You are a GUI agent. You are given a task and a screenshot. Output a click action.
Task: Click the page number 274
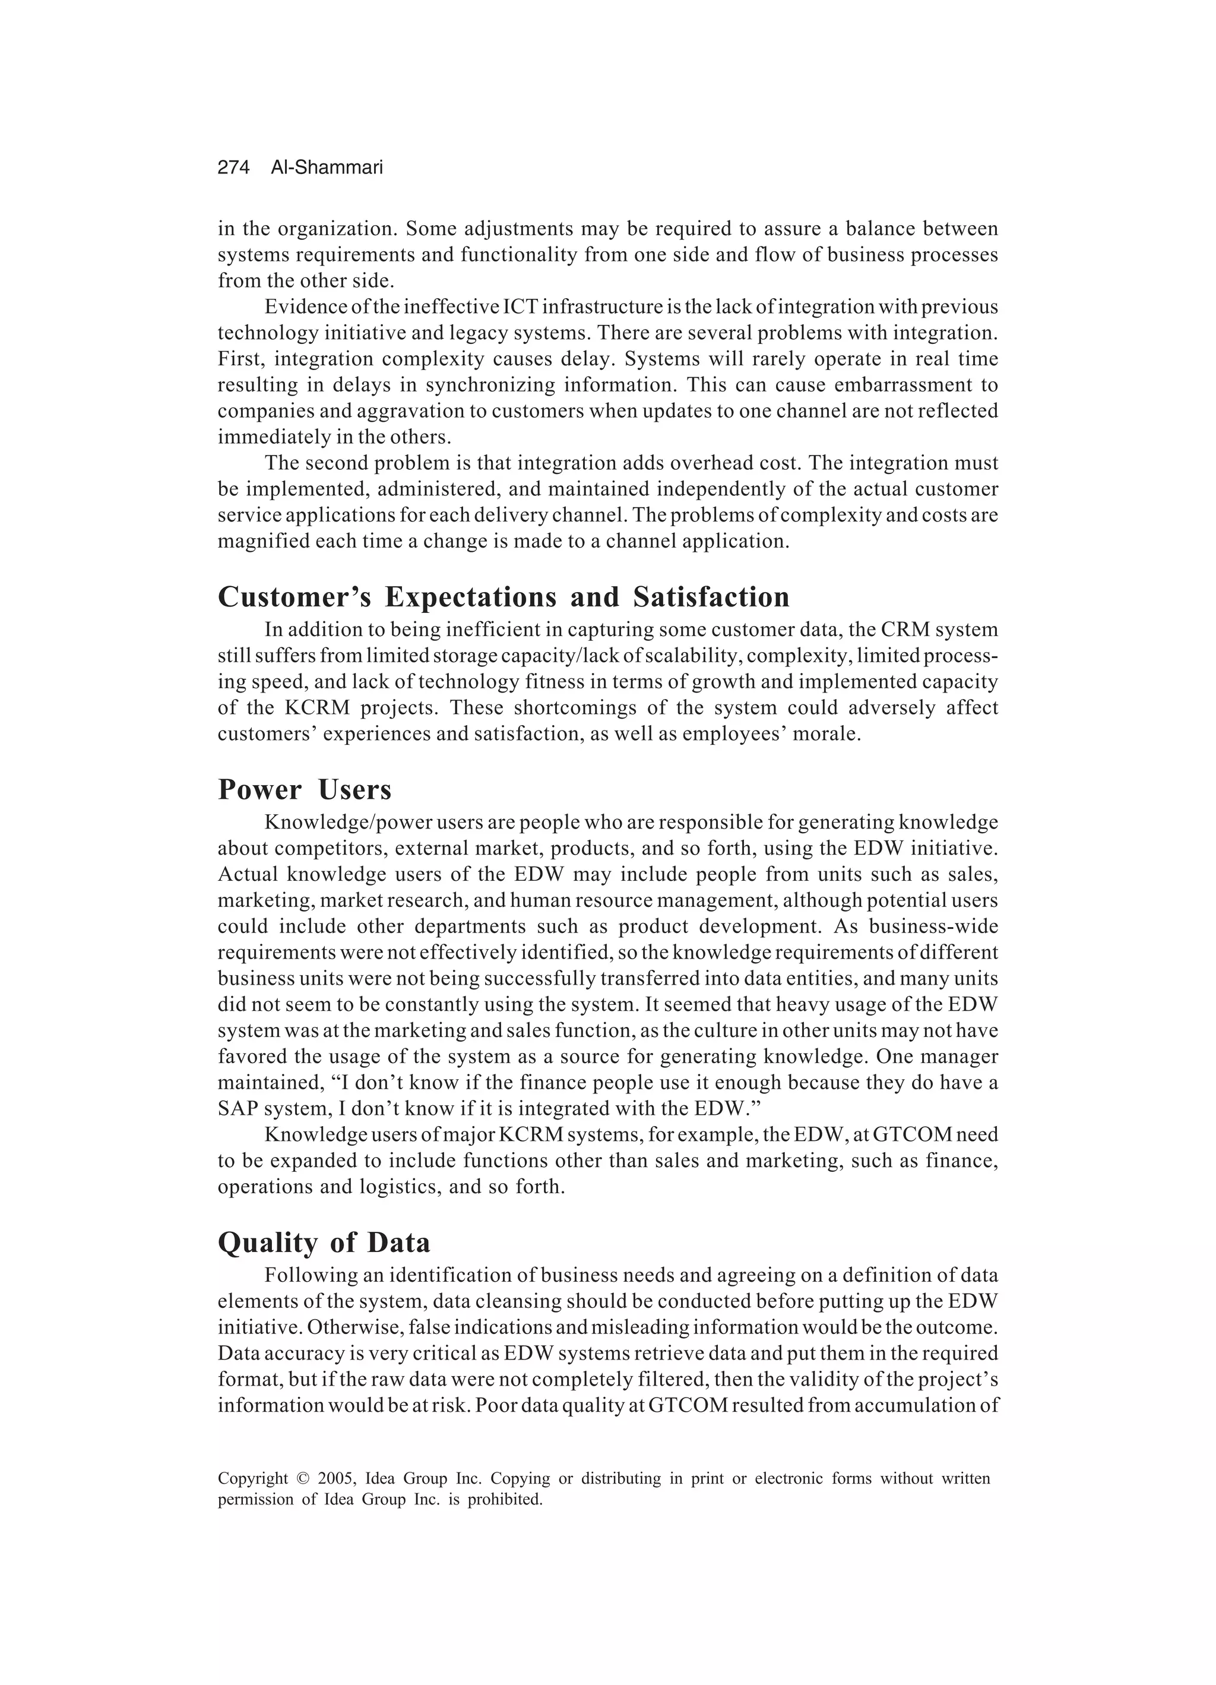(233, 168)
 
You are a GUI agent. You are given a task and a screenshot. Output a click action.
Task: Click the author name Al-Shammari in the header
(327, 168)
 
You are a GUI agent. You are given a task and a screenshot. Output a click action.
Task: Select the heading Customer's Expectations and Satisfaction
(503, 598)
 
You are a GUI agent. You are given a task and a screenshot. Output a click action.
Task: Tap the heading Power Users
(304, 790)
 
